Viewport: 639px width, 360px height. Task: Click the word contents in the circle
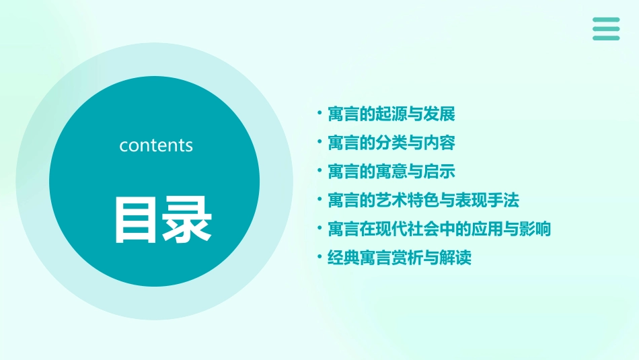click(156, 145)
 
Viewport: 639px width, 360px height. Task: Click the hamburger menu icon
click(606, 29)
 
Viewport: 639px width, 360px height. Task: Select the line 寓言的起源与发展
click(391, 114)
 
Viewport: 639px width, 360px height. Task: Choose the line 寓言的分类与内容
click(391, 143)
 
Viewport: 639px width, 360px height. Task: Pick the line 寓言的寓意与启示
click(391, 172)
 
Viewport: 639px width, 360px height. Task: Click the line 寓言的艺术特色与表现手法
click(423, 201)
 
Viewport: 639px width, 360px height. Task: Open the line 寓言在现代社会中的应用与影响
click(439, 229)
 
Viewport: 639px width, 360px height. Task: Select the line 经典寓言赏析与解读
click(400, 258)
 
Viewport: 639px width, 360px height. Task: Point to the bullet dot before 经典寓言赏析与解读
click(319, 257)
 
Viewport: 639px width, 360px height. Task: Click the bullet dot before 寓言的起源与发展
click(319, 113)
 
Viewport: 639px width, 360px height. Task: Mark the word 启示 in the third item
click(440, 172)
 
